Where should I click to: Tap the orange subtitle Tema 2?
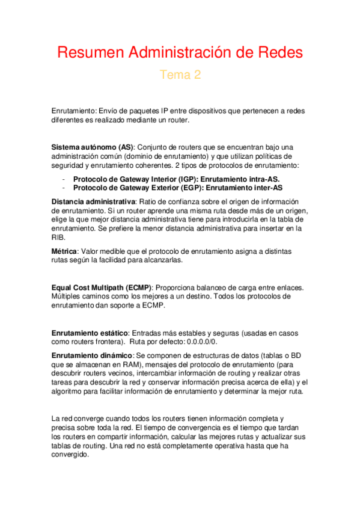point(180,75)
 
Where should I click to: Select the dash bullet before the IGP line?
point(64,179)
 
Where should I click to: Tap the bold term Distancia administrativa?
point(94,201)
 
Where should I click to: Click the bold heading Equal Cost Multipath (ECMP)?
point(102,287)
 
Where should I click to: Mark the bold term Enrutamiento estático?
point(90,333)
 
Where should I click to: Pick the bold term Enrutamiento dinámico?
point(91,355)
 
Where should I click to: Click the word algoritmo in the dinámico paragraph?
point(70,391)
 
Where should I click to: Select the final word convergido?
point(70,455)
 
